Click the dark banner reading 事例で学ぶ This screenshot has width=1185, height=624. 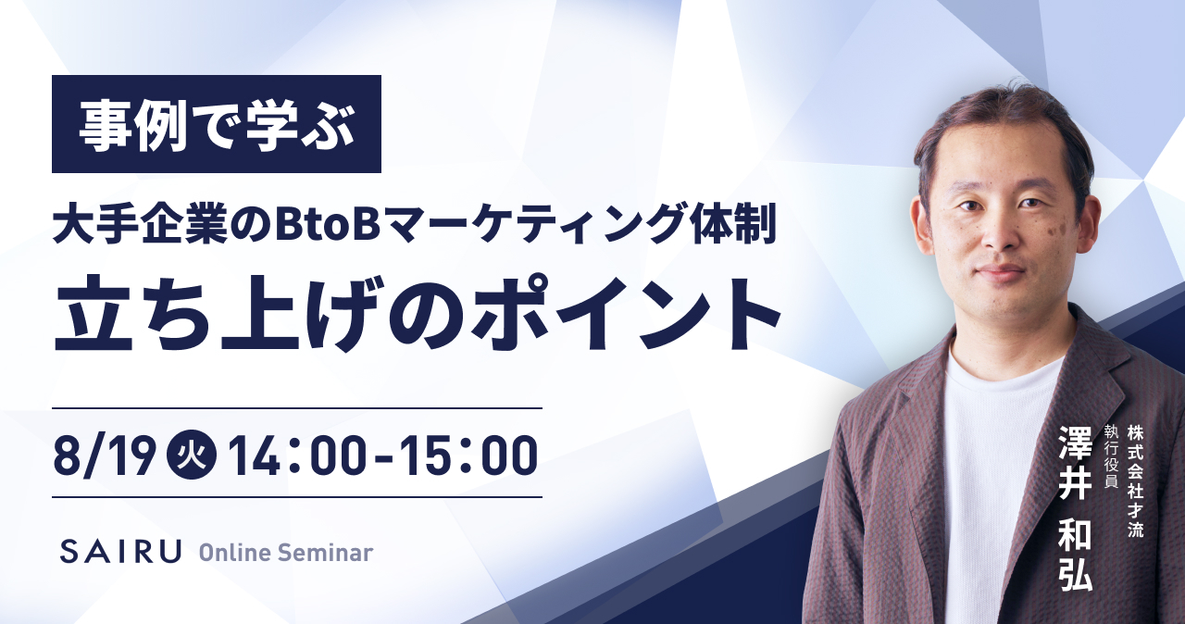217,124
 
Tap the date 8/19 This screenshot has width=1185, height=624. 105,456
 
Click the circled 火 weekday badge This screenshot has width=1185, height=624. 191,456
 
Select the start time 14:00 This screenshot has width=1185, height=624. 297,456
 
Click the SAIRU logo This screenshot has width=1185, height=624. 120,552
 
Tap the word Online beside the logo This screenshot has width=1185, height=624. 234,553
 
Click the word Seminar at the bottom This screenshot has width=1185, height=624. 325,553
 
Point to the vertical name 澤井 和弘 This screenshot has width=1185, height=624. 1076,508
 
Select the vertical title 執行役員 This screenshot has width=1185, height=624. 1109,457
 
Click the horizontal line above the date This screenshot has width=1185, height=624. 297,408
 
